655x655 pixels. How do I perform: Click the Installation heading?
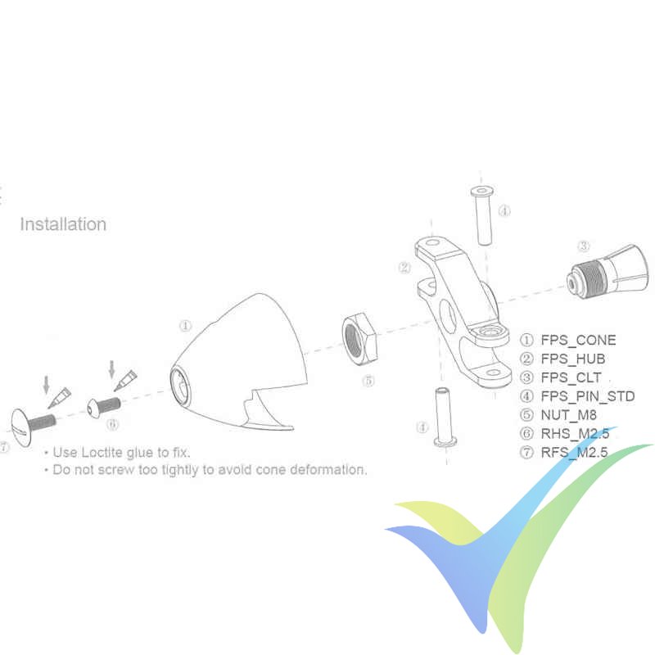coord(63,224)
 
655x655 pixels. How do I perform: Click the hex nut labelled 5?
coord(359,339)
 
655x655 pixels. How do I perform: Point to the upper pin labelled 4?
coord(483,215)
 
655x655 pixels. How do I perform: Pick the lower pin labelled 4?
coord(445,416)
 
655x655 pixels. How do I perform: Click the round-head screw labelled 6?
coord(104,407)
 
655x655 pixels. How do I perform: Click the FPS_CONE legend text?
coord(578,340)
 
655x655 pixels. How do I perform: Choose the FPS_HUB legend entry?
coord(572,359)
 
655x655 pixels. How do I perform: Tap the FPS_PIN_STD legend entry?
coord(587,396)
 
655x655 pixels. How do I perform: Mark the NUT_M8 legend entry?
coord(568,415)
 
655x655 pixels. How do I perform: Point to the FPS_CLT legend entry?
coord(571,377)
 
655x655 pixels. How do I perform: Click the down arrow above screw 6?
coord(111,369)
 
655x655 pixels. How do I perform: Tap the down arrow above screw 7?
coord(47,385)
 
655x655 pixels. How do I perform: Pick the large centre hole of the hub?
coord(448,316)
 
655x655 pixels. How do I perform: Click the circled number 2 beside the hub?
coord(404,268)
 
